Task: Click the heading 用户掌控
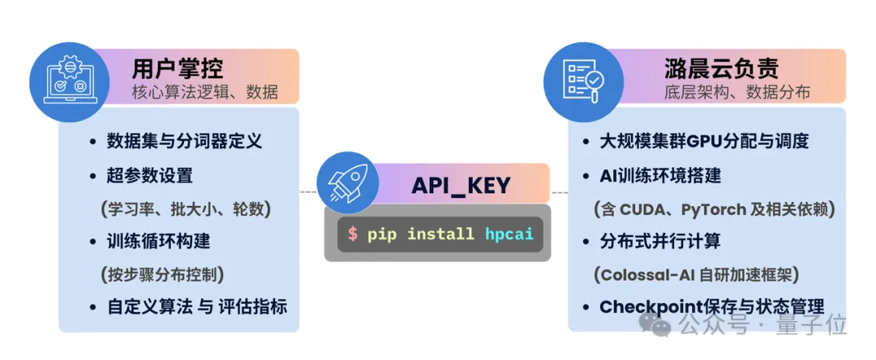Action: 177,67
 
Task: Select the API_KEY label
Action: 461,186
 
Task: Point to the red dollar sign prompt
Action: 353,234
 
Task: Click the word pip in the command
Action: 382,234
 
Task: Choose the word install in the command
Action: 440,234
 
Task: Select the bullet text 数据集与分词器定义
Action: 184,141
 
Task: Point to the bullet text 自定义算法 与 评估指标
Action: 197,307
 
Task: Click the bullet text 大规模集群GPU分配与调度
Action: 704,141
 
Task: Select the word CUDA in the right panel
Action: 646,208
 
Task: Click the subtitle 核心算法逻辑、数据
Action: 204,92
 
